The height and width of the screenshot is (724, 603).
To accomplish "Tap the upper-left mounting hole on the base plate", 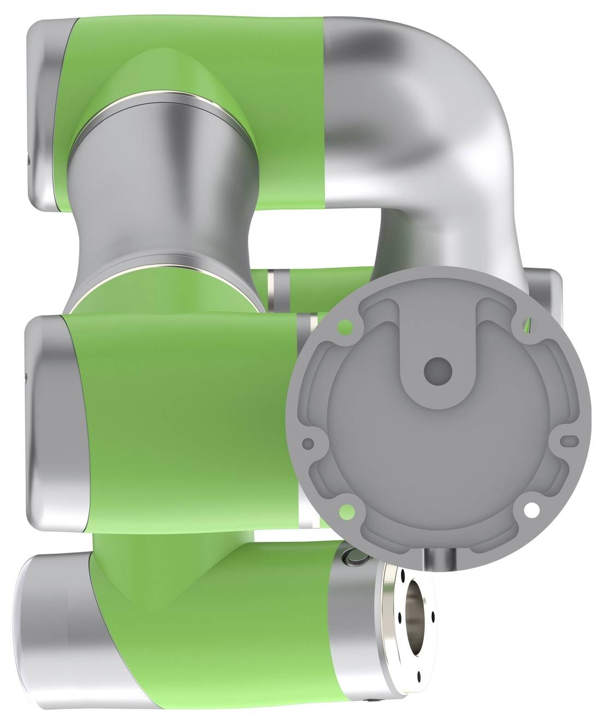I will pos(345,327).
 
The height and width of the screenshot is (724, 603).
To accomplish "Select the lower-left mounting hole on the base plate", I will pos(345,511).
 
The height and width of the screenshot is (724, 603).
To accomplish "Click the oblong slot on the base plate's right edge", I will pos(570,440).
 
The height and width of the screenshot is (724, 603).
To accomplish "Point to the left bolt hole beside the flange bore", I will pos(400,618).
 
